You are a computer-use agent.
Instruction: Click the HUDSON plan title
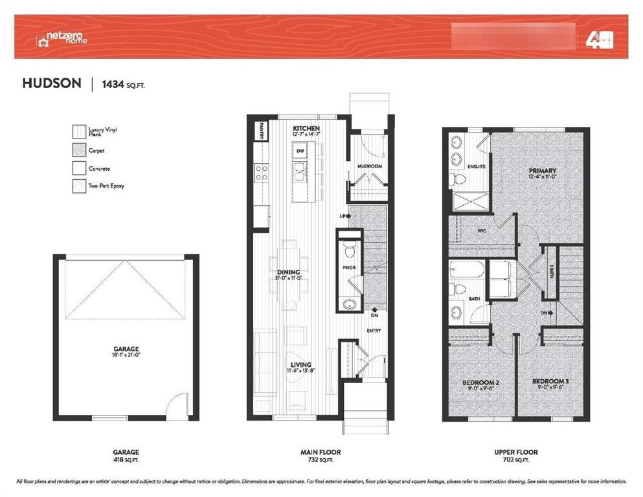(52, 83)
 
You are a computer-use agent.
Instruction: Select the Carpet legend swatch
(78, 151)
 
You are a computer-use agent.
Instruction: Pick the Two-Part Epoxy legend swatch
(78, 186)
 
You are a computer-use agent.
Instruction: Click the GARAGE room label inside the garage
(126, 349)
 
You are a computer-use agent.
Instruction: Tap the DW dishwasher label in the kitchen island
(300, 151)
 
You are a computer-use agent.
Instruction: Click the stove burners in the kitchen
(262, 172)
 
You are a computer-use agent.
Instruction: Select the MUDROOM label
(370, 166)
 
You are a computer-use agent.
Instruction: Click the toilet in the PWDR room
(350, 249)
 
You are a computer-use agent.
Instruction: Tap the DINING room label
(288, 272)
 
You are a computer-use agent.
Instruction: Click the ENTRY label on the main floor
(374, 331)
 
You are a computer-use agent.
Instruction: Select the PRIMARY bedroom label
(543, 171)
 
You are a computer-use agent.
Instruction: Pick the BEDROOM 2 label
(480, 382)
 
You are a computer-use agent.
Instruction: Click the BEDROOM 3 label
(550, 382)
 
